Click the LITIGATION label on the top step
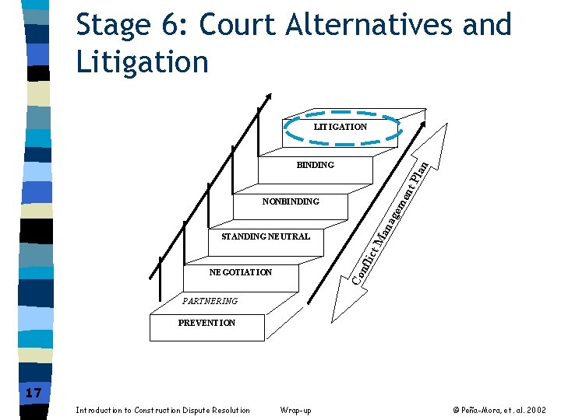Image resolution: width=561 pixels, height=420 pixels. point(340,127)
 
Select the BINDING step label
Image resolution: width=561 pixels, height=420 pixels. point(316,165)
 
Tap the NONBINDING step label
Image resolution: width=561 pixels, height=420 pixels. point(291,201)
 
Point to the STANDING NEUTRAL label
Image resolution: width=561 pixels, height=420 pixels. point(266,236)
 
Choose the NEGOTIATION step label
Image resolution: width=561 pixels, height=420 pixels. point(241,272)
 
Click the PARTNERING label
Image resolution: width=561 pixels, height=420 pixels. point(210,301)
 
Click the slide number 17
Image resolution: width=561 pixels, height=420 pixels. point(33,393)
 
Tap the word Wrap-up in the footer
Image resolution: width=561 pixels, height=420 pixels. point(295,411)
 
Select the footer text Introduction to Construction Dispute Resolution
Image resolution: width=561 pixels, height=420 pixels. point(163,411)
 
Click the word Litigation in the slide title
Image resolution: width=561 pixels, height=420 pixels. point(143,61)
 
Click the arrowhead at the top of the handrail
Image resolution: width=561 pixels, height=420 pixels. point(269,97)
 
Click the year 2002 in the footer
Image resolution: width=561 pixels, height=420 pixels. point(537,411)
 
